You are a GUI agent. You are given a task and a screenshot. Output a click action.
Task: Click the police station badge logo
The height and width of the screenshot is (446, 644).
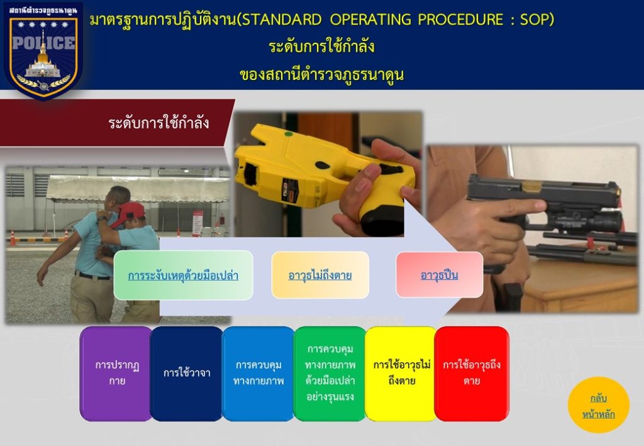(x=43, y=51)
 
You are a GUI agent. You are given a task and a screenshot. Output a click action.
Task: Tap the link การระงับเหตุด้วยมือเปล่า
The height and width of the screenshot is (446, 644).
(x=183, y=275)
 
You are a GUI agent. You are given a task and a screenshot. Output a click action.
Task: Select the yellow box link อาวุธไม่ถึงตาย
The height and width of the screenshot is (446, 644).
(x=320, y=275)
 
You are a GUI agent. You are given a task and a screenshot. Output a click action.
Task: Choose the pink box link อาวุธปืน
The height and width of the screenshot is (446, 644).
(x=439, y=275)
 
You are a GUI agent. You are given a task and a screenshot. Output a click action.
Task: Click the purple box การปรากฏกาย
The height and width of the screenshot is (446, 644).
(x=116, y=373)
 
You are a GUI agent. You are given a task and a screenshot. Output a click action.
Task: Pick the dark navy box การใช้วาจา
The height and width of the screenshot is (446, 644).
(x=187, y=373)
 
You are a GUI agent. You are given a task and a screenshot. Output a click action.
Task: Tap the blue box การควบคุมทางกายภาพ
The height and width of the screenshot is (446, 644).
(x=258, y=373)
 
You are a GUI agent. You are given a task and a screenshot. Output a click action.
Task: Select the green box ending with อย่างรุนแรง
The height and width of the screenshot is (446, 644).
(x=330, y=373)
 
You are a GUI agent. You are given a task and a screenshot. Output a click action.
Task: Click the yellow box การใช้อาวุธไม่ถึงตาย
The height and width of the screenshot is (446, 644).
(x=401, y=373)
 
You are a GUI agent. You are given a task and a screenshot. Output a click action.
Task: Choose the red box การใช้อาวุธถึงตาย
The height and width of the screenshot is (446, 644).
(x=472, y=373)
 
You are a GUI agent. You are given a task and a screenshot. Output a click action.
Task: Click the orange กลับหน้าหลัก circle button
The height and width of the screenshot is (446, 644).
(x=599, y=405)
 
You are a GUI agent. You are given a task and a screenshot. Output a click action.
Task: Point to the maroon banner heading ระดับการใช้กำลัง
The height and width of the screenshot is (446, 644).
(x=158, y=123)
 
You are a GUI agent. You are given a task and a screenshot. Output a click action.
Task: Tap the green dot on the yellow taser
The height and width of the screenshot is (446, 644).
(x=289, y=133)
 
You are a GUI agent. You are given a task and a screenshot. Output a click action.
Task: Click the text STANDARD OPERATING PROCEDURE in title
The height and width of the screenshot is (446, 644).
(x=370, y=20)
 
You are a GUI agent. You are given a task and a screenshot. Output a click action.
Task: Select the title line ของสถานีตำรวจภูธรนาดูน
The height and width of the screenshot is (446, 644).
(x=321, y=75)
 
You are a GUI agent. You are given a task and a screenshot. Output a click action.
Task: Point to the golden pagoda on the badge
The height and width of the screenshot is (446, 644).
(x=43, y=57)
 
